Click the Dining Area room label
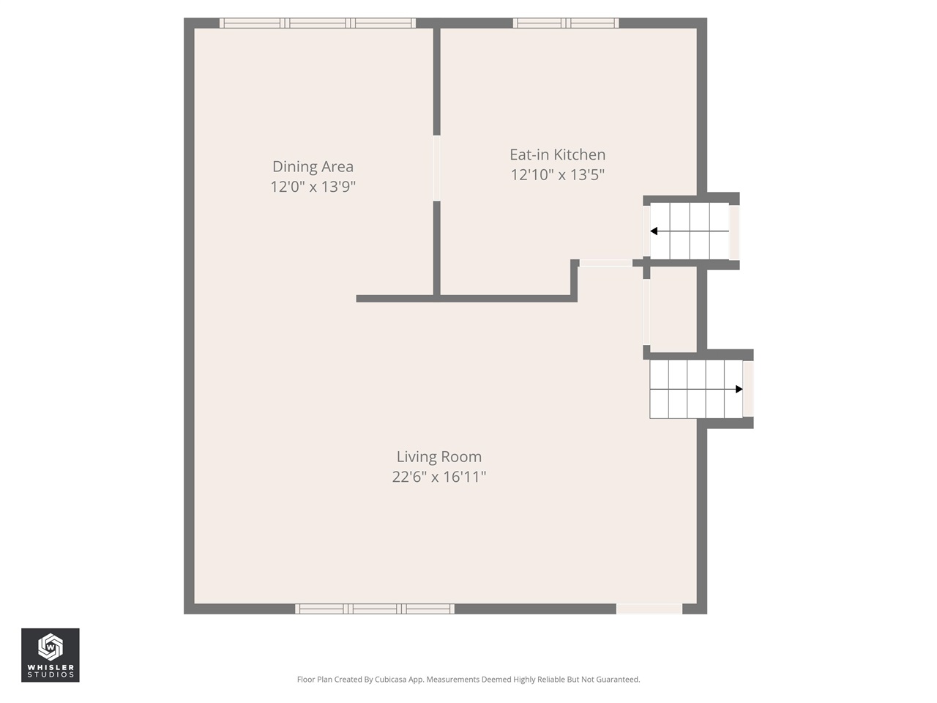coord(313,167)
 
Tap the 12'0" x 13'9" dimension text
coord(313,187)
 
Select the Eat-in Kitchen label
coord(557,155)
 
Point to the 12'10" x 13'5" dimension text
coord(557,174)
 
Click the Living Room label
coord(438,457)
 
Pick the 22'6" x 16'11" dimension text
coord(438,477)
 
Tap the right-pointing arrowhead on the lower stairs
coord(739,389)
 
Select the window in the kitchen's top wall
coord(566,23)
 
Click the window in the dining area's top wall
coord(318,23)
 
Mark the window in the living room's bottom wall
coord(375,609)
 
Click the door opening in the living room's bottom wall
coord(649,609)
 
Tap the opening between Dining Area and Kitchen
coord(437,168)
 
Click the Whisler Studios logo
coord(51,655)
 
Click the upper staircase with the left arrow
coord(690,231)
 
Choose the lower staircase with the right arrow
coord(695,389)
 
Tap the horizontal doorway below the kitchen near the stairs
coord(606,263)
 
